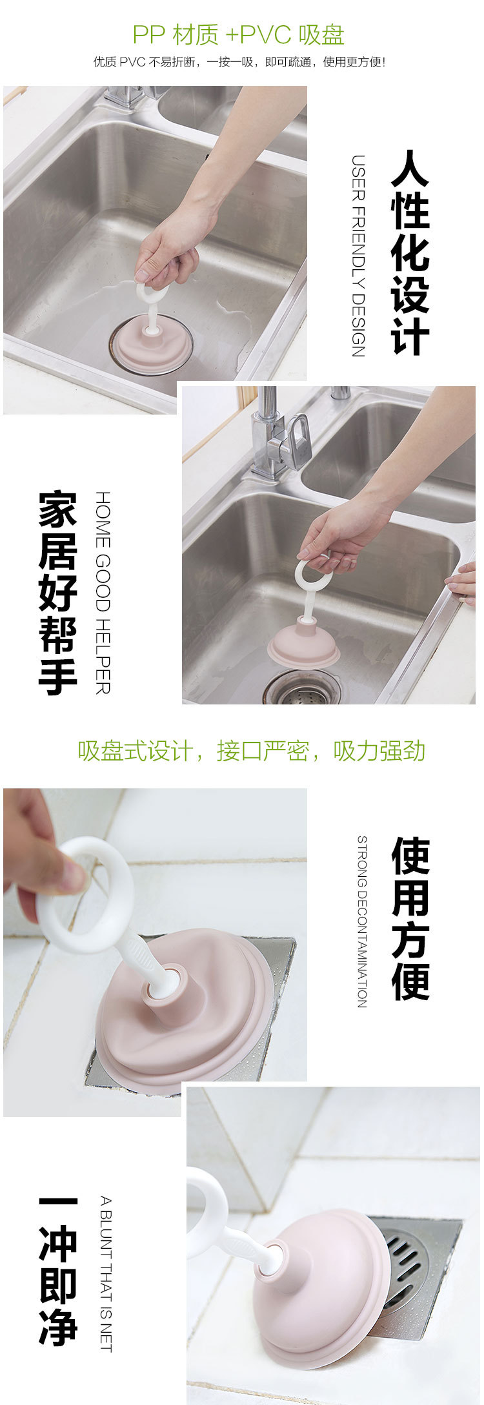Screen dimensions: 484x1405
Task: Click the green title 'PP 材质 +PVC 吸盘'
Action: click(238, 35)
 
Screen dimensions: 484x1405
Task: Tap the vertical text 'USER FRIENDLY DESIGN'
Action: click(359, 256)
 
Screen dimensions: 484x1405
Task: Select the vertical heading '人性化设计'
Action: click(410, 252)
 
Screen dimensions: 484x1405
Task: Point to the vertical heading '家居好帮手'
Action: click(58, 593)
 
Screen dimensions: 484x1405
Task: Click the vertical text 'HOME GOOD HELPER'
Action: click(103, 593)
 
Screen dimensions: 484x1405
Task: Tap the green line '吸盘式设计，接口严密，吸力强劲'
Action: click(252, 751)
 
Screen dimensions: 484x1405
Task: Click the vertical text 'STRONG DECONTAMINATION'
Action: click(362, 921)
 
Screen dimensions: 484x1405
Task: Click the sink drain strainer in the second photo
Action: click(302, 688)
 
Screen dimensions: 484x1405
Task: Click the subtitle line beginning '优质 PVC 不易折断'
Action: click(239, 62)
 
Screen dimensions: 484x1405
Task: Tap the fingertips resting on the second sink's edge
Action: click(463, 583)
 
